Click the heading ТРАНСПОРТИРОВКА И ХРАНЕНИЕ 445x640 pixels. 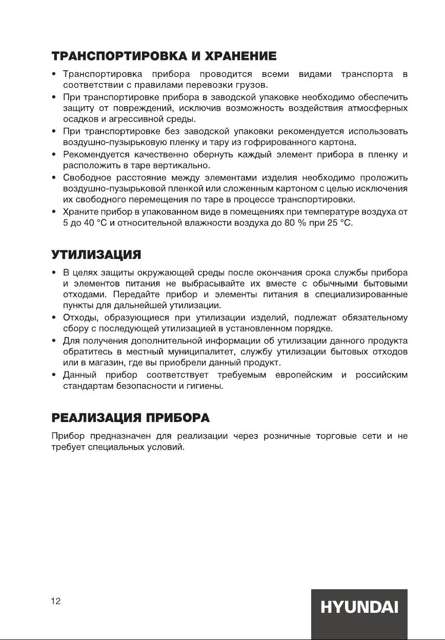point(164,55)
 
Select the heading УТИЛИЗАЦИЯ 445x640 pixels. point(96,254)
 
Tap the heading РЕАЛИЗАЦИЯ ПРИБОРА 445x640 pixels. point(131,417)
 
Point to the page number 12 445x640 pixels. point(56,602)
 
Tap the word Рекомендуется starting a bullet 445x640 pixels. point(93,155)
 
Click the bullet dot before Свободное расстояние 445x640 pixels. point(54,178)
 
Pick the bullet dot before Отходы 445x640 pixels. point(54,318)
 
